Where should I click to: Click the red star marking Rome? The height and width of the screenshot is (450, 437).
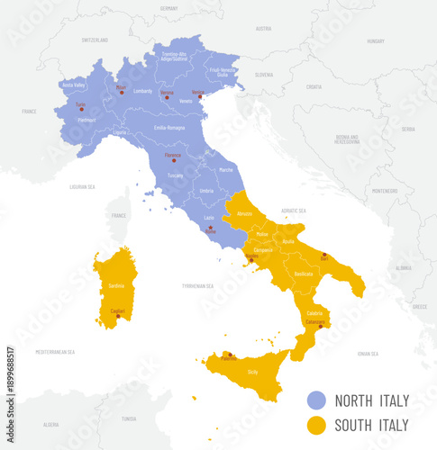point(210,229)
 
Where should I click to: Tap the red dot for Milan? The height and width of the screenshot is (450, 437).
point(121,92)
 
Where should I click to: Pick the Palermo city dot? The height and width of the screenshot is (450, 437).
point(230,354)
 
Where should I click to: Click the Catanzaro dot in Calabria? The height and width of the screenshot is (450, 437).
point(320,326)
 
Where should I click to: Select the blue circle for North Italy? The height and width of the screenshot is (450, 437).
point(315,400)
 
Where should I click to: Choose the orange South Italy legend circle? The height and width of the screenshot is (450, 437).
point(315,424)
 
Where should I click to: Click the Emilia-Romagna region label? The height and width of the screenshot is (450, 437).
point(169,128)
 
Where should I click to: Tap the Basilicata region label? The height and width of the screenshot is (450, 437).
point(303,274)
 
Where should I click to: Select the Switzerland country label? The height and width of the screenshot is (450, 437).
point(95,40)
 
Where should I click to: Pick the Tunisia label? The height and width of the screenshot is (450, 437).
point(129,418)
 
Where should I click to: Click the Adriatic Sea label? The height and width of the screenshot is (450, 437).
point(269,210)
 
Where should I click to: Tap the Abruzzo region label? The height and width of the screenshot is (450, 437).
point(244,214)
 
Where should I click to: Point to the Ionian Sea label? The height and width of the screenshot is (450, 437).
point(368,354)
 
